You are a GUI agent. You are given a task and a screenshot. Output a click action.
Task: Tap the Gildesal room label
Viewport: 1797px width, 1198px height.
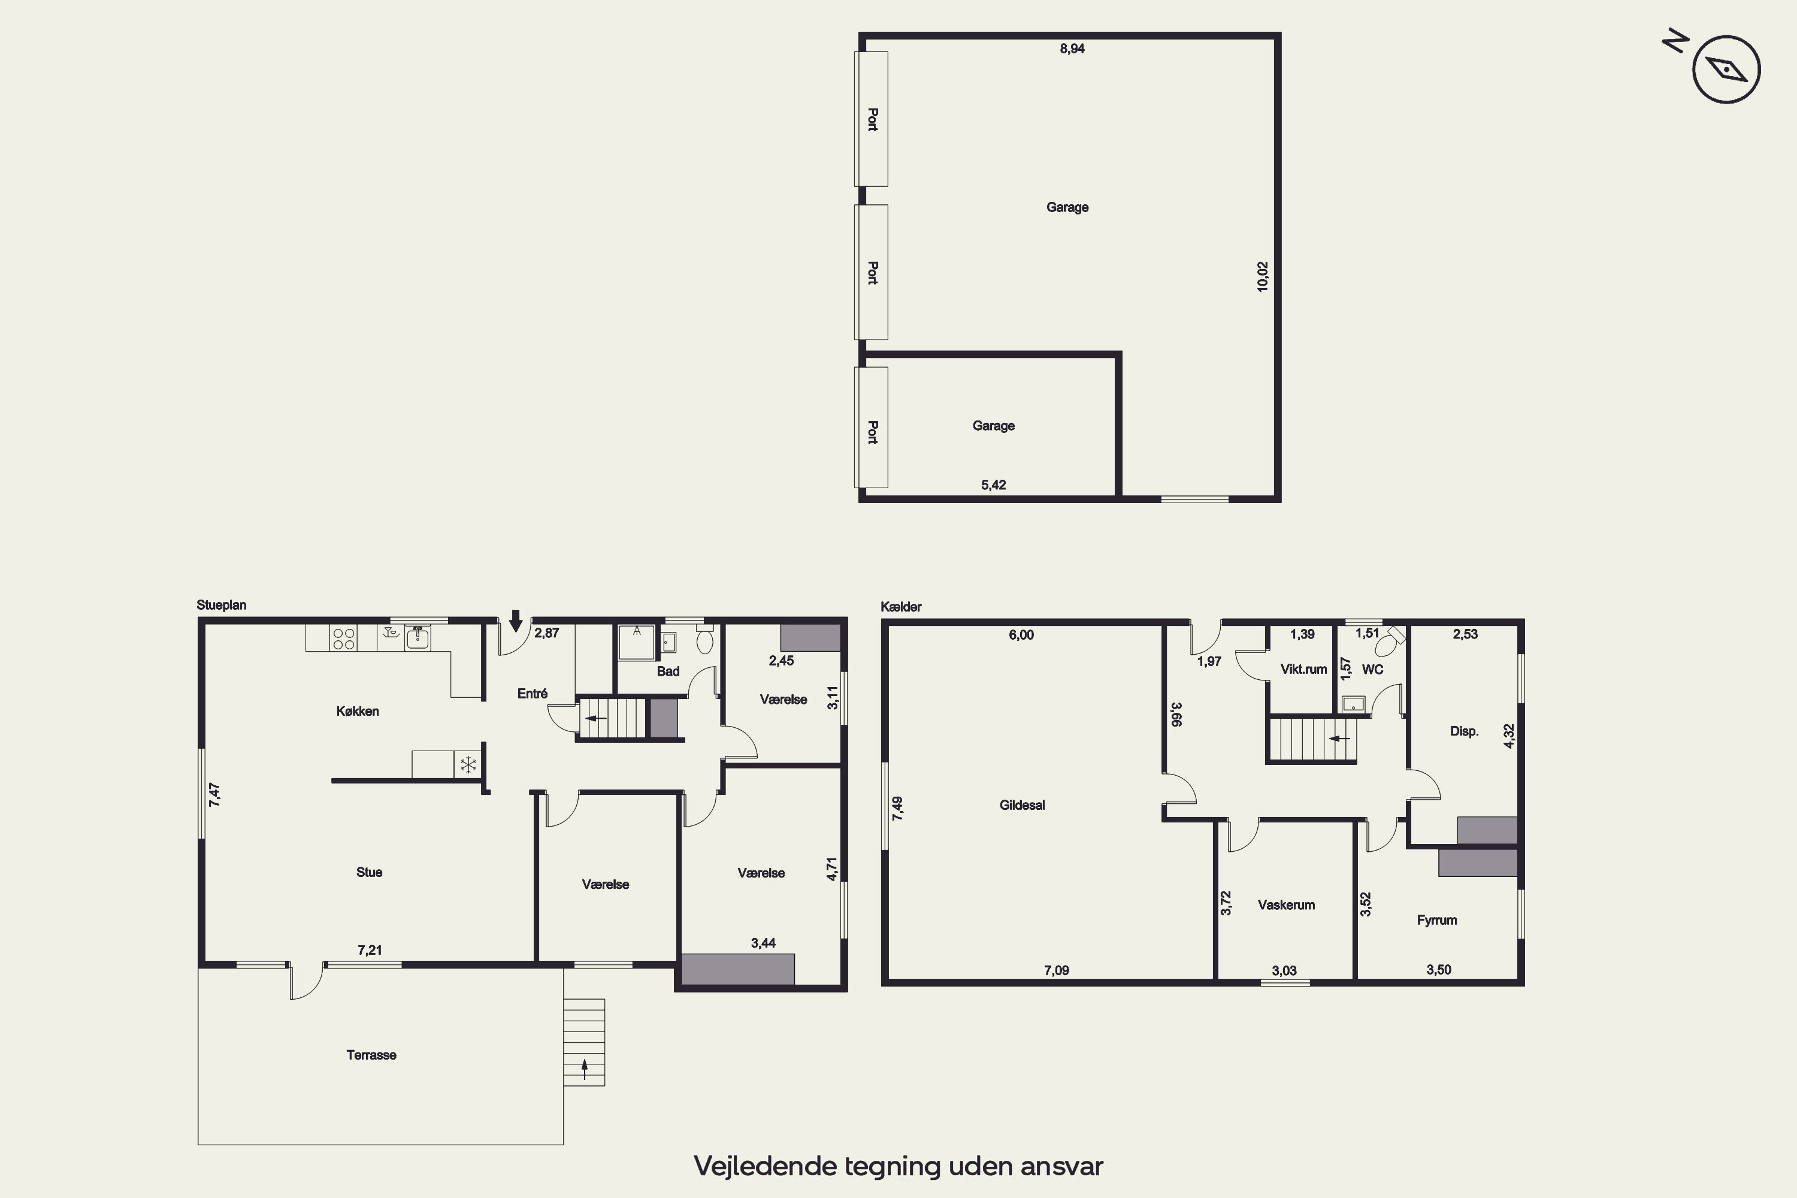tap(1021, 804)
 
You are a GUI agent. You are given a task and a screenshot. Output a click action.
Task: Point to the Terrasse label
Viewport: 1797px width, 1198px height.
tap(371, 1054)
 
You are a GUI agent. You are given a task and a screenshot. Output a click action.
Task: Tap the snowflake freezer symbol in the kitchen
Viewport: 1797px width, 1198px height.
tap(468, 764)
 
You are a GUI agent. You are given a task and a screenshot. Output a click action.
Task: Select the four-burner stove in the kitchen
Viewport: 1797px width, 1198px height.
tap(343, 639)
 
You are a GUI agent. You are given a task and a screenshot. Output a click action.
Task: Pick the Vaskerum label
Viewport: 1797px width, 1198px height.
tap(1286, 904)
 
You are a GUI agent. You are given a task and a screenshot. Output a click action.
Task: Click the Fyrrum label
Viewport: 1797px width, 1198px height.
tap(1436, 920)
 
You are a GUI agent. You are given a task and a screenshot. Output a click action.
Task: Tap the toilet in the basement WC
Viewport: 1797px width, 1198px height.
tap(1390, 642)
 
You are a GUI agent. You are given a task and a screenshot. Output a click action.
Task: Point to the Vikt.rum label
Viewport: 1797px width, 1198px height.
tap(1303, 669)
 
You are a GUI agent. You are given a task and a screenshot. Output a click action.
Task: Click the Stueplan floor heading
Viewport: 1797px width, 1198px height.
tap(222, 605)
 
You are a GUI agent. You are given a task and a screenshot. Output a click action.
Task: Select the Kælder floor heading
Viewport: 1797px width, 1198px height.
tap(901, 607)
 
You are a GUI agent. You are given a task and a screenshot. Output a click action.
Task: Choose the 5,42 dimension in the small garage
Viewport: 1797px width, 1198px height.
tap(993, 485)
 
